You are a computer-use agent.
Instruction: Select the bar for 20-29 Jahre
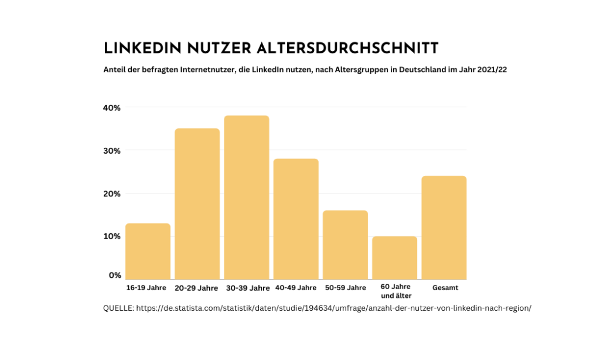[197, 203]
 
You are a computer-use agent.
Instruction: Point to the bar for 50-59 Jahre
[345, 244]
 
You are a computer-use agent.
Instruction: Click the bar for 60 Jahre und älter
[394, 257]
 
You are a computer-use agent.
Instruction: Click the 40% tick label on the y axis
[112, 108]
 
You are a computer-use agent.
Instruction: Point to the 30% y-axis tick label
[112, 151]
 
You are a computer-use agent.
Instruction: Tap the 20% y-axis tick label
[112, 193]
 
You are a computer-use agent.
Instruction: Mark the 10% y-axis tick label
[112, 236]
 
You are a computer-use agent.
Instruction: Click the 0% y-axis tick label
[114, 275]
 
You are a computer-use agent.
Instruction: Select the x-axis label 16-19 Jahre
[146, 288]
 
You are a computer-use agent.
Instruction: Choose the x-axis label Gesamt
[445, 288]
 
